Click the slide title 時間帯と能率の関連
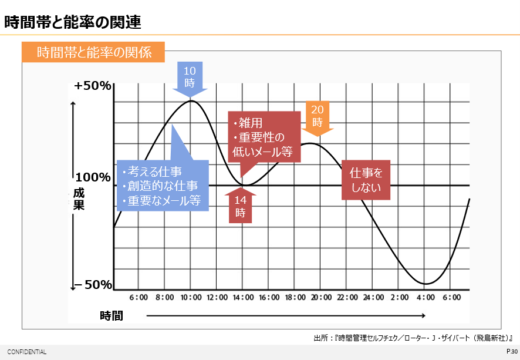(73, 23)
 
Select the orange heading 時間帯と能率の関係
(93, 52)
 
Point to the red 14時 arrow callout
(240, 206)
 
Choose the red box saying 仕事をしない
(366, 180)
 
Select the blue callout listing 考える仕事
(163, 185)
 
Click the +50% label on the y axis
(93, 86)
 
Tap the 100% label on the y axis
(93, 177)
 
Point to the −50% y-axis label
(93, 285)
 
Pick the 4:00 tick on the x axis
(425, 298)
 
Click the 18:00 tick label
(295, 298)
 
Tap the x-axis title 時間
(111, 316)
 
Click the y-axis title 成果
(79, 200)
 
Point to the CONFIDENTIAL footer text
(26, 352)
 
